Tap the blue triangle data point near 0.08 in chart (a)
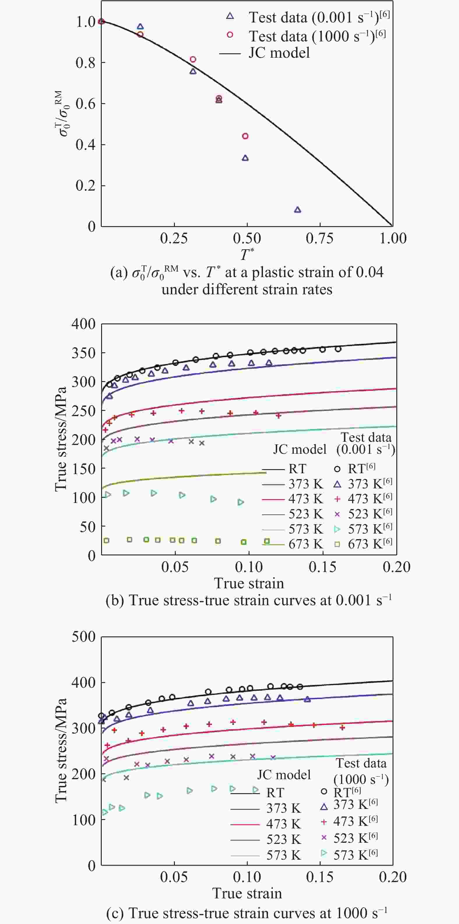(x=298, y=210)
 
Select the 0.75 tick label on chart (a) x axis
(x=319, y=238)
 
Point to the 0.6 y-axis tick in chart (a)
(x=85, y=104)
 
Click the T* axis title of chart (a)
(x=247, y=255)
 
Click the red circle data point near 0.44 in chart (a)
(x=245, y=136)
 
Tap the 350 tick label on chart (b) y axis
(x=84, y=353)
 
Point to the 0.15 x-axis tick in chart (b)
(x=323, y=567)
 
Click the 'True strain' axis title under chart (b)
(x=249, y=583)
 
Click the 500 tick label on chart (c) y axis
(x=84, y=637)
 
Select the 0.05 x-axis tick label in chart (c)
(x=174, y=877)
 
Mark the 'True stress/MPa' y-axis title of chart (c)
(x=61, y=750)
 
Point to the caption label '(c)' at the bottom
(x=115, y=913)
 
